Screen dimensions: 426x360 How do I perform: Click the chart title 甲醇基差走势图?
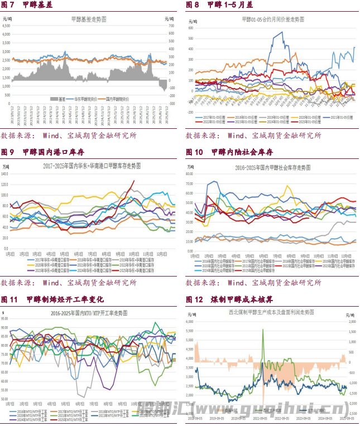click(89, 19)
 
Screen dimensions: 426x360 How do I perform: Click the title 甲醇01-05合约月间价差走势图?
click(273, 19)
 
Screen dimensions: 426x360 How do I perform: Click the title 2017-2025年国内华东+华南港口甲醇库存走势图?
click(92, 166)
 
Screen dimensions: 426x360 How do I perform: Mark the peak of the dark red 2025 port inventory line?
click(133, 181)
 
